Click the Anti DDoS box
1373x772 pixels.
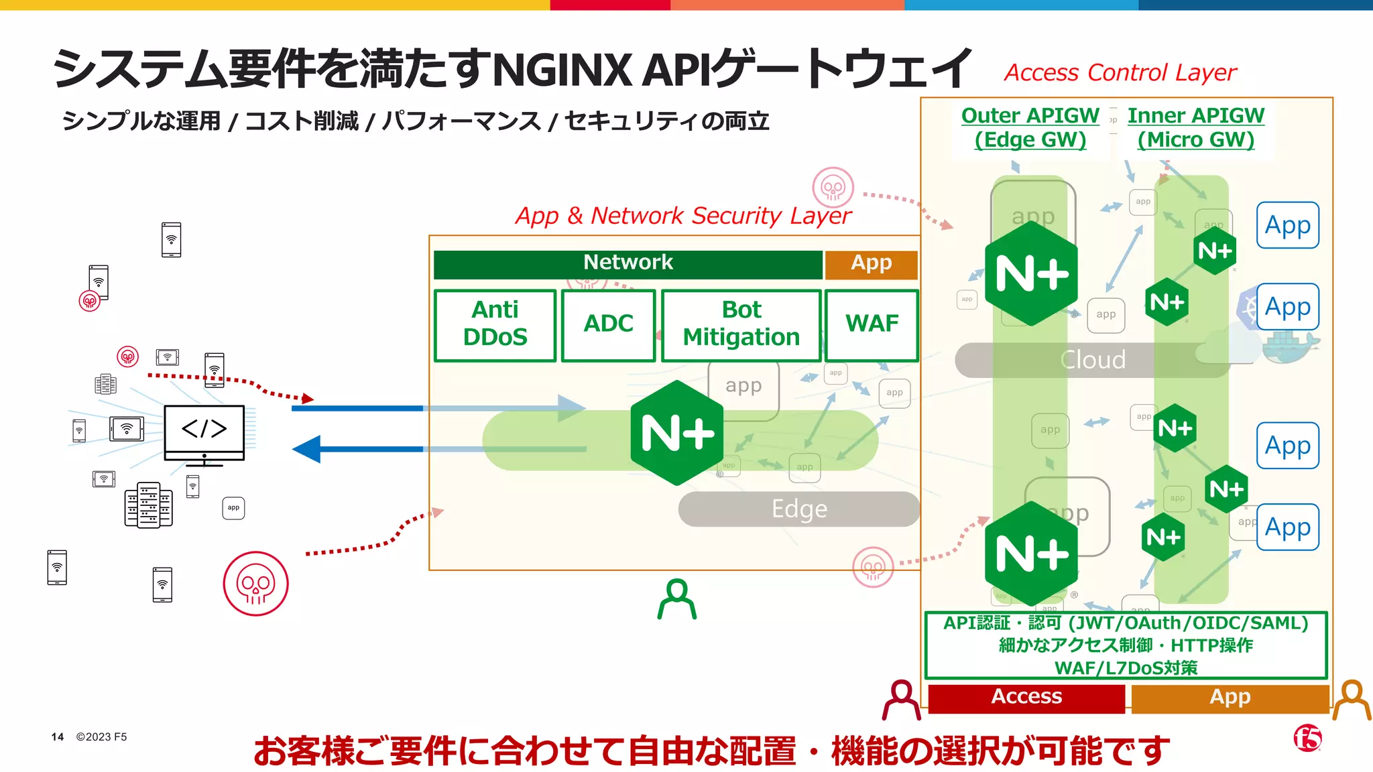[x=495, y=325]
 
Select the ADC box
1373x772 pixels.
[x=608, y=325]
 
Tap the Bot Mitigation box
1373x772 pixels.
[x=741, y=325]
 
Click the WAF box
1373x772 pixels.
[x=872, y=325]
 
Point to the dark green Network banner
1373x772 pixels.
[x=628, y=264]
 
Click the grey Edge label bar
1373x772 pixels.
[x=799, y=509]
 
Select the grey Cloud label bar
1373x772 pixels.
[x=1092, y=361]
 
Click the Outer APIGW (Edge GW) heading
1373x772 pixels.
[x=1030, y=128]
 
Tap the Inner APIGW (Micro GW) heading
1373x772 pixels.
[x=1195, y=128]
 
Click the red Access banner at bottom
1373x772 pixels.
[x=1026, y=698]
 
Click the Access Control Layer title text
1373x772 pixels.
[x=1120, y=72]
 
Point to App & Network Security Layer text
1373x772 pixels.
[x=682, y=216]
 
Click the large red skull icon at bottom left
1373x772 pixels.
[x=255, y=584]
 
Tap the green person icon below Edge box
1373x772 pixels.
[x=676, y=599]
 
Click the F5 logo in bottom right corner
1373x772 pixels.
[x=1307, y=738]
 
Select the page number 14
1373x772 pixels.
[x=58, y=737]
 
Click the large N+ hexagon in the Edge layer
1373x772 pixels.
[x=677, y=433]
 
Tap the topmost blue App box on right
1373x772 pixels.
[x=1287, y=225]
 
